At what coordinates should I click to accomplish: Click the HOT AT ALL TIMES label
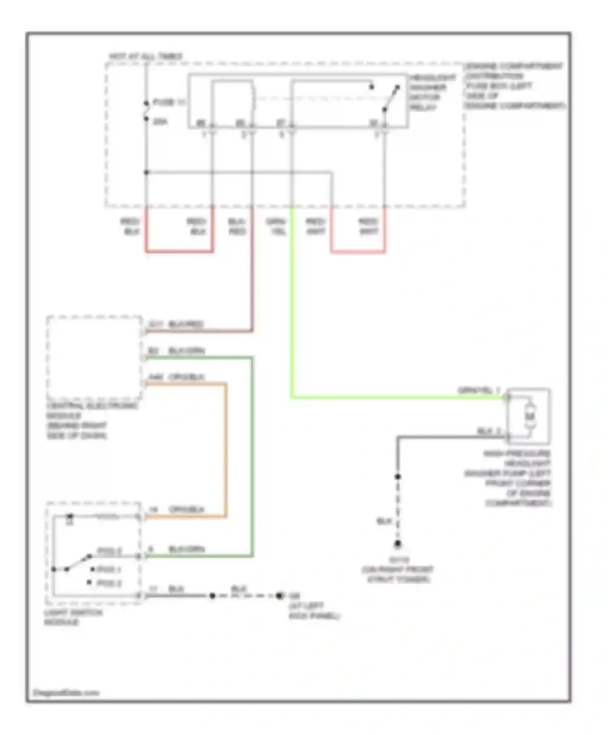[146, 56]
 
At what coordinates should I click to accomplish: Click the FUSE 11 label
[169, 103]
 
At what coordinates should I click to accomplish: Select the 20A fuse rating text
[160, 122]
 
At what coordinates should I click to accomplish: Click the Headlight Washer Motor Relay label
[432, 92]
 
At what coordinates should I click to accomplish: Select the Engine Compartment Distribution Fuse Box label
[514, 85]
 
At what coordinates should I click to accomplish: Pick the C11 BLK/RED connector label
[176, 324]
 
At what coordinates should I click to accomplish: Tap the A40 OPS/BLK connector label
[176, 377]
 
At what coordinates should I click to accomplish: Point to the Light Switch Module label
[73, 617]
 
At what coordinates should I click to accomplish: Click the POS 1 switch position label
[109, 569]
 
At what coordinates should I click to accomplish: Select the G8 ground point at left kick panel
[279, 596]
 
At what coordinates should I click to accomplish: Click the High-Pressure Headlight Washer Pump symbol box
[529, 417]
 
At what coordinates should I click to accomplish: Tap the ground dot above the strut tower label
[398, 544]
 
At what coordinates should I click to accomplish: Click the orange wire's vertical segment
[225, 450]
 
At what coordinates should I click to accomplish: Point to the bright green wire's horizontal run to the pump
[397, 397]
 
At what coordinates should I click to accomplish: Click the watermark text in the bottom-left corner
[66, 692]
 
